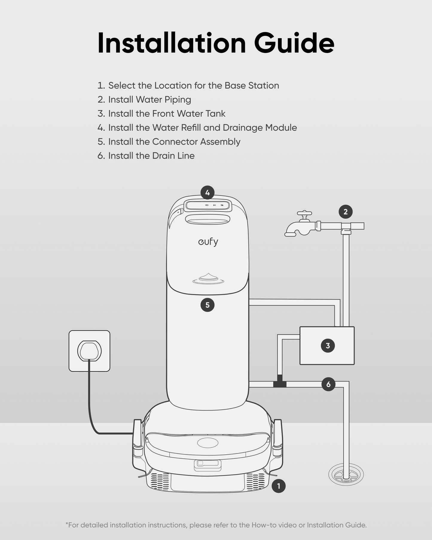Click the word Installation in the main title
click(x=172, y=43)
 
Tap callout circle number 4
click(x=207, y=193)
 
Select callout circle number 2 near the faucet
click(x=346, y=212)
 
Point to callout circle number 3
click(x=328, y=346)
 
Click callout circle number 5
click(x=207, y=305)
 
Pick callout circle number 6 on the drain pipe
click(x=328, y=384)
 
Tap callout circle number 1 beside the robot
click(x=278, y=486)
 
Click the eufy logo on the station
click(x=208, y=242)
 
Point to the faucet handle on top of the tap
click(x=304, y=213)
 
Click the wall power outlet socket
click(x=89, y=351)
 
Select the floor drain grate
click(x=346, y=474)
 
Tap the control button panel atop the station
click(x=208, y=205)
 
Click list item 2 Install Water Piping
click(x=144, y=100)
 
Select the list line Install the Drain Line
click(x=146, y=156)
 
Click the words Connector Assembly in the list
click(x=196, y=142)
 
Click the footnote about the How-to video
click(x=216, y=525)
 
